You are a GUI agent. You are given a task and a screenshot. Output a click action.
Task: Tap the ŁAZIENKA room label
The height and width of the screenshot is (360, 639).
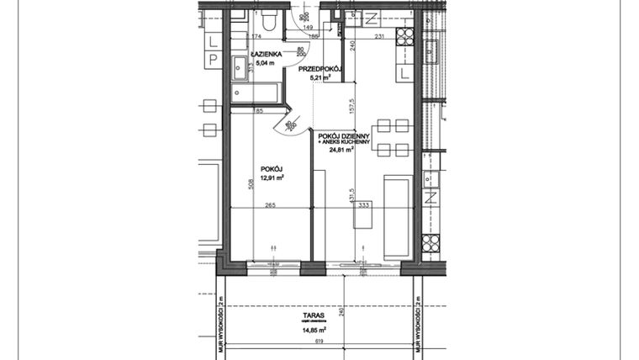256,53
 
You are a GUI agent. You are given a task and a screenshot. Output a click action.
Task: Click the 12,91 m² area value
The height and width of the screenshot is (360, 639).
271,177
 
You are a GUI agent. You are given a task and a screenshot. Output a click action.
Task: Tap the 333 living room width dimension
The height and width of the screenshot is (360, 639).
364,204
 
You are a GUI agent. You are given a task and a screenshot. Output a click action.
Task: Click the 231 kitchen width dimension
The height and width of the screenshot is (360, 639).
379,35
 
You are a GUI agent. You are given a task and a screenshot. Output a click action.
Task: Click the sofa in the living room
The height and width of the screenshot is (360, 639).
398,216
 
